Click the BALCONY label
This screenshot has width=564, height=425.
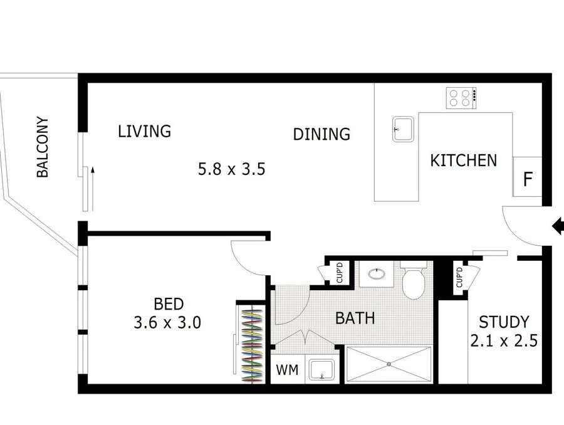[43, 147]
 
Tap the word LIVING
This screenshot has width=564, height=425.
[144, 132]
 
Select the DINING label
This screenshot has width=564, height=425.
[321, 134]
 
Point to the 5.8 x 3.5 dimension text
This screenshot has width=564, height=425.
[232, 169]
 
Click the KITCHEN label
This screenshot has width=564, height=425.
[463, 160]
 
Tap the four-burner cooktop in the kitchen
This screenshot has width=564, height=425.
[461, 97]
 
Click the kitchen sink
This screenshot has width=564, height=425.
[400, 129]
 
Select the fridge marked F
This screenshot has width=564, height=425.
[527, 180]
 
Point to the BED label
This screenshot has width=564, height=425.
[169, 305]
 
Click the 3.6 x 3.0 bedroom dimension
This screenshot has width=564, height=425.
[167, 323]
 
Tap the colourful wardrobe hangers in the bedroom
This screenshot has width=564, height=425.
[253, 344]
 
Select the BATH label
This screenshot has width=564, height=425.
[355, 318]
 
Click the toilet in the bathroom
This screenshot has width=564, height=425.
[413, 282]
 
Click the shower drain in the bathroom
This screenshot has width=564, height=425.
[389, 364]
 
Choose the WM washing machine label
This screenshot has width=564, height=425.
[287, 370]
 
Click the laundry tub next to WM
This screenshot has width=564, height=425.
[322, 370]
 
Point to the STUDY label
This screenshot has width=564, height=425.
[504, 322]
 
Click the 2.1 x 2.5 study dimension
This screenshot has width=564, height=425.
[504, 342]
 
